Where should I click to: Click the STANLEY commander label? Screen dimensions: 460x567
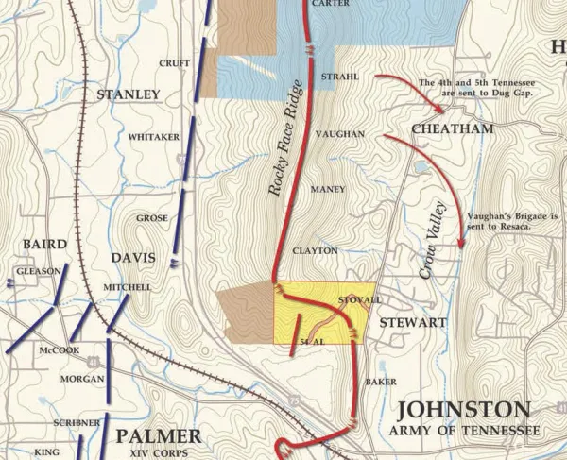click(x=129, y=94)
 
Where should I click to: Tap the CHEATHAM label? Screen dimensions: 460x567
click(x=452, y=128)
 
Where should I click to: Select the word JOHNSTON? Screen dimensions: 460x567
click(x=463, y=409)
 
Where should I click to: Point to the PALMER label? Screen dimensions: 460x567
click(x=158, y=435)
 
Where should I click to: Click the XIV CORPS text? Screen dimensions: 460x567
click(x=158, y=453)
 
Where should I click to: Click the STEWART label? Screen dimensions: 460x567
click(x=413, y=322)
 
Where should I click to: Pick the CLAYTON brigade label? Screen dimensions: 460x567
click(x=315, y=251)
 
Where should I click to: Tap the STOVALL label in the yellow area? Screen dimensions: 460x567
click(x=358, y=299)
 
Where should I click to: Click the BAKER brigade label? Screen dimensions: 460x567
click(x=380, y=382)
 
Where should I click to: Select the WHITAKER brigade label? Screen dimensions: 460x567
click(x=153, y=137)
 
